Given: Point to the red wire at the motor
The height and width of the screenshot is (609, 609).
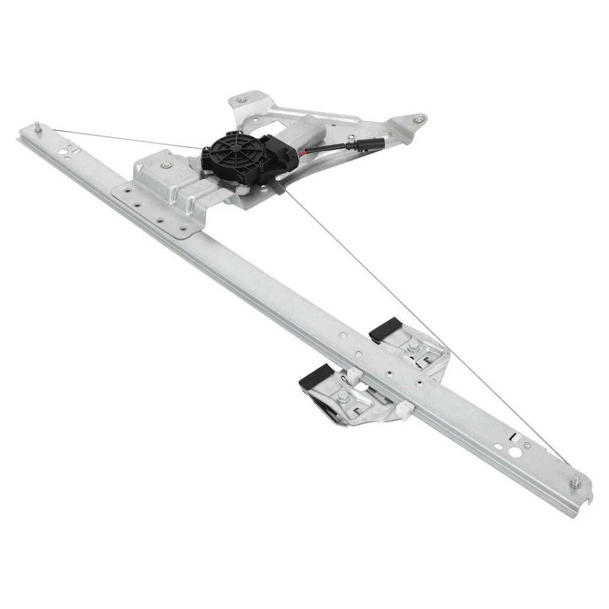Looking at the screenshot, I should [x=309, y=151].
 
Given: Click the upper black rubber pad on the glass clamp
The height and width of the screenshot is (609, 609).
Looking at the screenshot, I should [x=383, y=328].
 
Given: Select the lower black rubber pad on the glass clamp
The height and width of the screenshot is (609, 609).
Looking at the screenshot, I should [x=313, y=376].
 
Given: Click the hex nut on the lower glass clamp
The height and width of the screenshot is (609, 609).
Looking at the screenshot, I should [x=343, y=397].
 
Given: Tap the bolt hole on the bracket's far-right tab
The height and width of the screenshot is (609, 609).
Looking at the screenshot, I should [x=417, y=119].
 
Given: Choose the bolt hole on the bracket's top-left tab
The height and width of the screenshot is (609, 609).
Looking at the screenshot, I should [x=241, y=100].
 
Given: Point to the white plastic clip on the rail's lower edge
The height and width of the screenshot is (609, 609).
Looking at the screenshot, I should [x=402, y=410].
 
